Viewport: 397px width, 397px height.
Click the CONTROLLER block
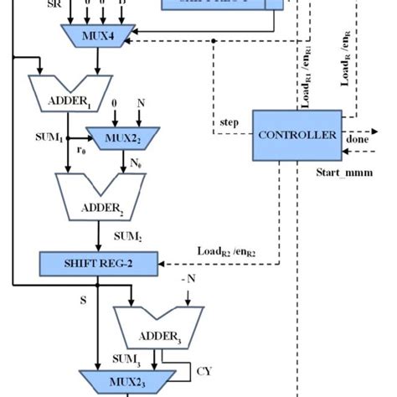[x=296, y=135]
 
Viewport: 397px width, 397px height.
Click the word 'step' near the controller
[x=229, y=122]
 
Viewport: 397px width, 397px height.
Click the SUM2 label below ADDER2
[x=126, y=238]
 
